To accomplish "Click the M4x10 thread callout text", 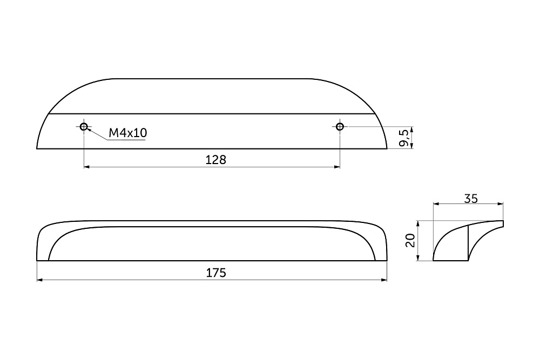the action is pyautogui.click(x=128, y=133).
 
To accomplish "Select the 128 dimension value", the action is pyautogui.click(x=215, y=160).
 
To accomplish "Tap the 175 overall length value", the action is pyautogui.click(x=216, y=273).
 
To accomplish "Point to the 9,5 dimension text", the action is pyautogui.click(x=405, y=138).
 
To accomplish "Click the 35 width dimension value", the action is pyautogui.click(x=471, y=199).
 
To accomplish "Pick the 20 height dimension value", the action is pyautogui.click(x=410, y=240).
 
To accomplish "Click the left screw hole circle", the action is pyautogui.click(x=83, y=127).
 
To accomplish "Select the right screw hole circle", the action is pyautogui.click(x=340, y=127).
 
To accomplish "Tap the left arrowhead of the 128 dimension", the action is pyautogui.click(x=87, y=167).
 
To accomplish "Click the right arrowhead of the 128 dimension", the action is pyautogui.click(x=337, y=167).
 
